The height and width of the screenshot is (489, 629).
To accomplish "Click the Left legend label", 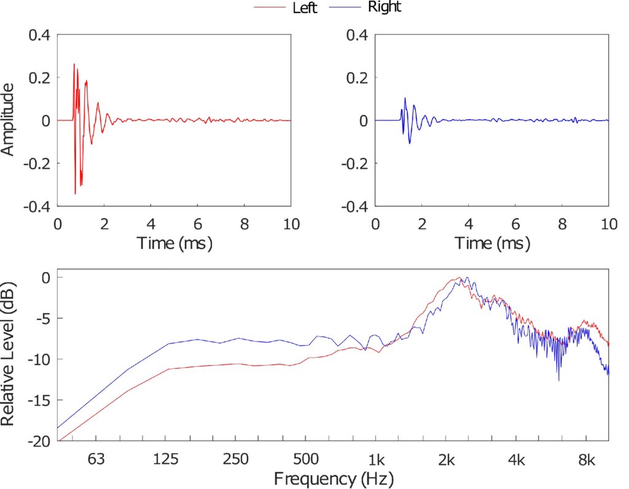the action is pos(305,7).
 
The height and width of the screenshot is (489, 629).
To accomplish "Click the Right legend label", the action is pos(385,7).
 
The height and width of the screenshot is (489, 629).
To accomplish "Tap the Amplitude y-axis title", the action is pos(7,120).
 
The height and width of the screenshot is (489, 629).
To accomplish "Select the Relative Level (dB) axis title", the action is pos(7,354).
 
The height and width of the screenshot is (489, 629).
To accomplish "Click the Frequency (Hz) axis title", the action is pos(334,479).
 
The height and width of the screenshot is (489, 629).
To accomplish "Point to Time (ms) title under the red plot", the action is pos(174,243).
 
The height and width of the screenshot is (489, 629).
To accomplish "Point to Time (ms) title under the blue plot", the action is pos(492,243).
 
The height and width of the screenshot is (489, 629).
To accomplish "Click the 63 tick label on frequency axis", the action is pos(96,459).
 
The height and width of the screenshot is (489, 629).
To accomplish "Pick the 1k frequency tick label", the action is pos(376,459).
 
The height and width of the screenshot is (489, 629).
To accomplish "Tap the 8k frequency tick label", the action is pos(587,459).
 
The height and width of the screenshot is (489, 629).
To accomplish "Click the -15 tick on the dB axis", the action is pos(39,400).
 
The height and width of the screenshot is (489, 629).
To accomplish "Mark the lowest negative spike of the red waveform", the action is pos(75,194).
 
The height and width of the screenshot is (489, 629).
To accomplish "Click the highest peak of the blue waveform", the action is pos(405,98).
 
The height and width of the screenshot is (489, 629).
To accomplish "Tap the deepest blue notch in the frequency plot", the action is pos(559,380).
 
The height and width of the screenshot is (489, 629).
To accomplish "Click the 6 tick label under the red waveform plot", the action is pos(198,224).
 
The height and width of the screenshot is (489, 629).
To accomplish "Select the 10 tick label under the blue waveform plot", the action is pos(609,224).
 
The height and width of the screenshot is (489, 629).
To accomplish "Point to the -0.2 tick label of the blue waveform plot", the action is pos(354,163).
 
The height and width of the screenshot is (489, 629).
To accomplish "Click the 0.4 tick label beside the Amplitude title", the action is pos(39,35).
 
